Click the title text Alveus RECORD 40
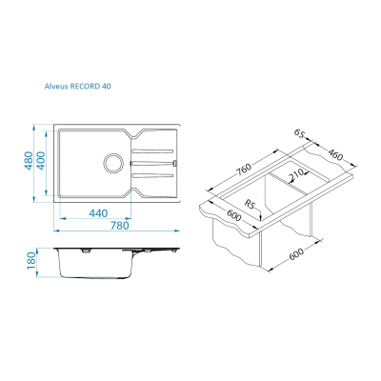[x=78, y=86]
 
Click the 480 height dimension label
[x=29, y=160]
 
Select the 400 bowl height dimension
[x=42, y=160]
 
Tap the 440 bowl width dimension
[x=98, y=213]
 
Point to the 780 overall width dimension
[x=120, y=226]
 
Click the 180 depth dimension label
[x=30, y=261]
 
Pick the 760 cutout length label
[x=243, y=170]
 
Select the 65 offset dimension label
[x=299, y=133]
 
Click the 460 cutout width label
[x=335, y=154]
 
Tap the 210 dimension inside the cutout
[x=296, y=174]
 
